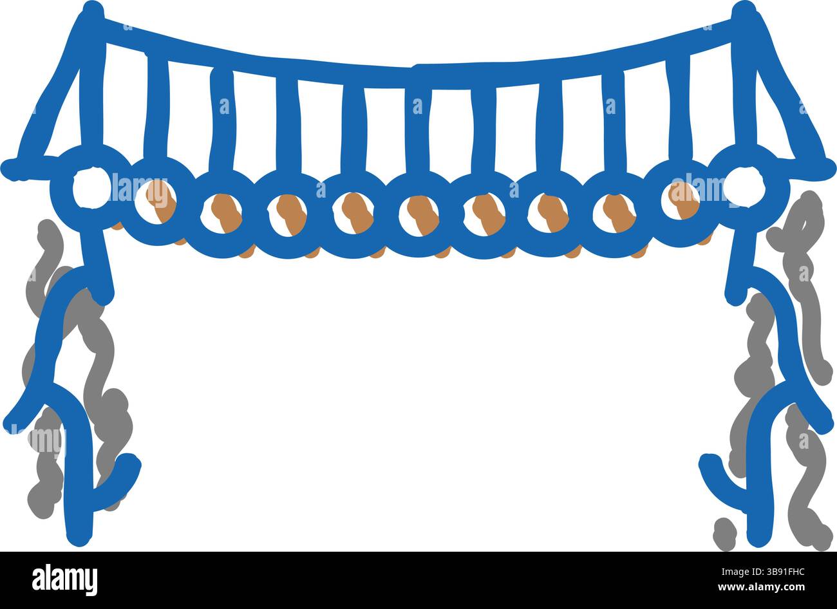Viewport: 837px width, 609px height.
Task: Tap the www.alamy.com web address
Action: pyautogui.click(x=761, y=587)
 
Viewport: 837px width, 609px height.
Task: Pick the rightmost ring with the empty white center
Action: pyautogui.click(x=744, y=187)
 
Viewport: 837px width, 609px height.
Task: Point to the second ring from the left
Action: pyautogui.click(x=156, y=202)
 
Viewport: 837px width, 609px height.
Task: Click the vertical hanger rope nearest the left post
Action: pyautogui.click(x=157, y=108)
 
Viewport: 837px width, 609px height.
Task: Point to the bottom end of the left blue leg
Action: pyautogui.click(x=79, y=538)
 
